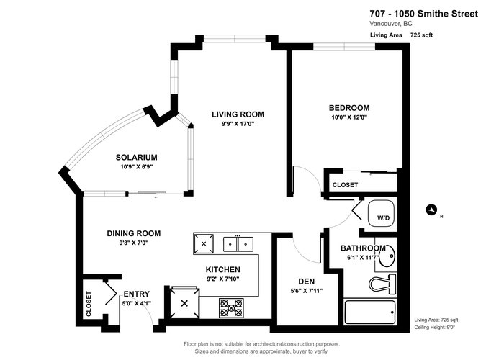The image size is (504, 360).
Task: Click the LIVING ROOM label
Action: tap(238, 114)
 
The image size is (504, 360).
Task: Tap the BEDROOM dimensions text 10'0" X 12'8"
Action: tap(349, 117)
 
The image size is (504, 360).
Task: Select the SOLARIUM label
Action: tap(137, 157)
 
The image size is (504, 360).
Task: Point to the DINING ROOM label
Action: tap(134, 233)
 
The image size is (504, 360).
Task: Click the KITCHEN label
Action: tap(222, 269)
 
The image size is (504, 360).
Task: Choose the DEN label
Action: tap(306, 282)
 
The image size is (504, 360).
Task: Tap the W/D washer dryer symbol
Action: tap(381, 213)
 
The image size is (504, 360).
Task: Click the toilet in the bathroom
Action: tap(382, 284)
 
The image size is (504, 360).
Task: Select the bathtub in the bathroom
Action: tap(369, 312)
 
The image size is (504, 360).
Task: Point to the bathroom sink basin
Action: tap(387, 256)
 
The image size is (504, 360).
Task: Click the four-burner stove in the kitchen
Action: tap(231, 308)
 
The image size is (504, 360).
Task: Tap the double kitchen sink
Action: tap(238, 244)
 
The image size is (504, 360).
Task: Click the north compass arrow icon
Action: tap(431, 210)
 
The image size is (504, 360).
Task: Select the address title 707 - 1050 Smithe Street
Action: tap(424, 14)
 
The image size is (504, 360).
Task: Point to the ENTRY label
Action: tap(137, 294)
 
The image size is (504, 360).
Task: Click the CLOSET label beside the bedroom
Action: tap(345, 185)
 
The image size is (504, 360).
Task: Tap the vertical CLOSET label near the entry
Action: tap(89, 304)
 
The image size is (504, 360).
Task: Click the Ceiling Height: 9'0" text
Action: tap(435, 327)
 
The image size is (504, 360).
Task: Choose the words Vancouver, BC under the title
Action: tap(391, 24)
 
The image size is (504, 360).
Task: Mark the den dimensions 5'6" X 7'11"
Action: tap(306, 291)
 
